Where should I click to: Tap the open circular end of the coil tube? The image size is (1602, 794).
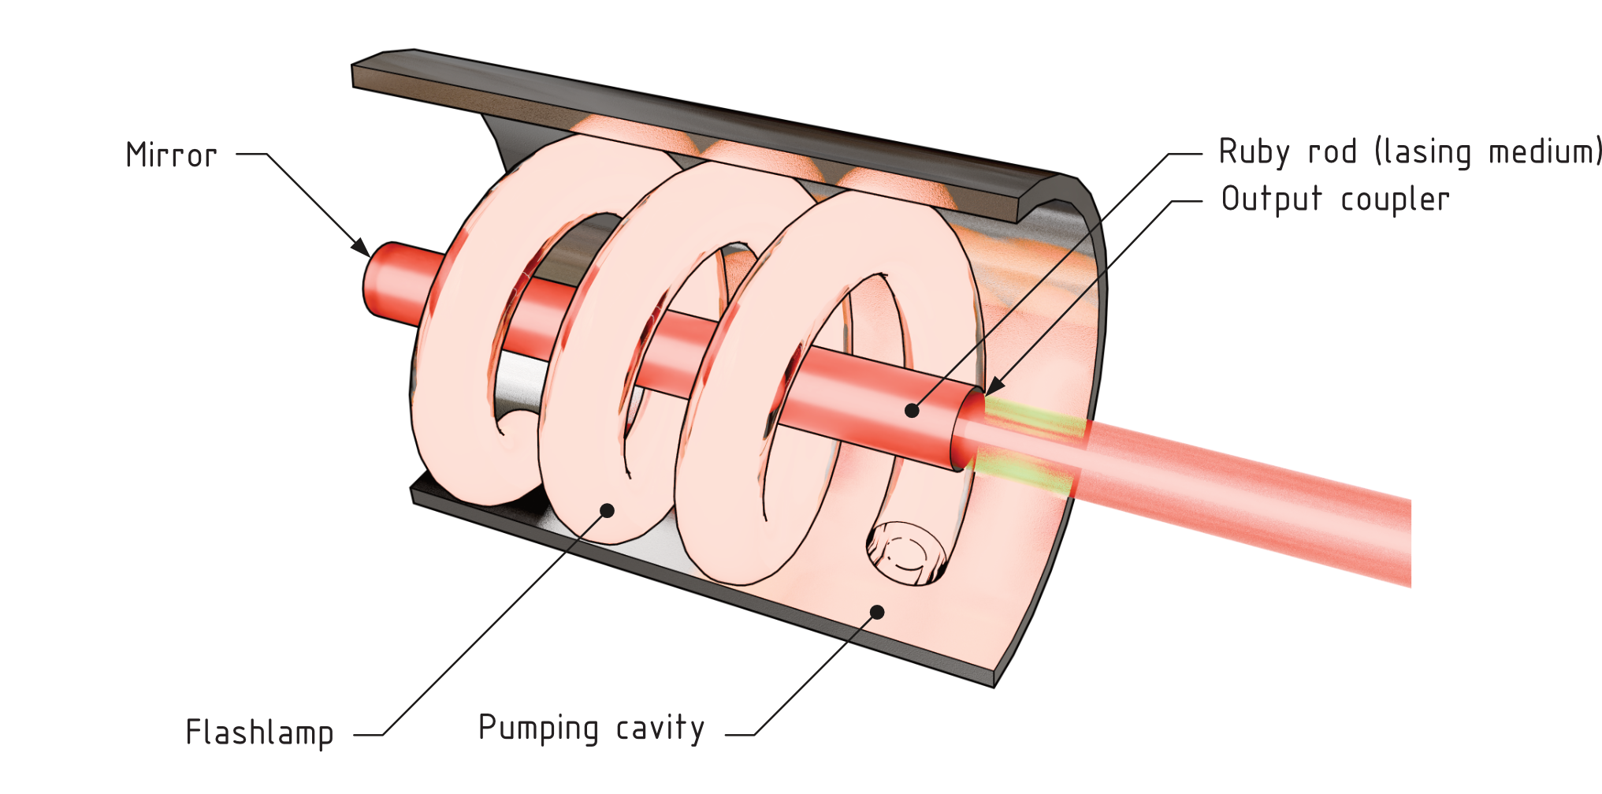[906, 553]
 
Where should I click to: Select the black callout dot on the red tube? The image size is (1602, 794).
[912, 410]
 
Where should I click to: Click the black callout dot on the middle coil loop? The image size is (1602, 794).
[607, 510]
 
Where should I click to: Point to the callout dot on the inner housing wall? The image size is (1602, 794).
[877, 610]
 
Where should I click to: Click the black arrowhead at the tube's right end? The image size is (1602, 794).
[991, 388]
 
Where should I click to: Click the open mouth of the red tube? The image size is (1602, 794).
[968, 431]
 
